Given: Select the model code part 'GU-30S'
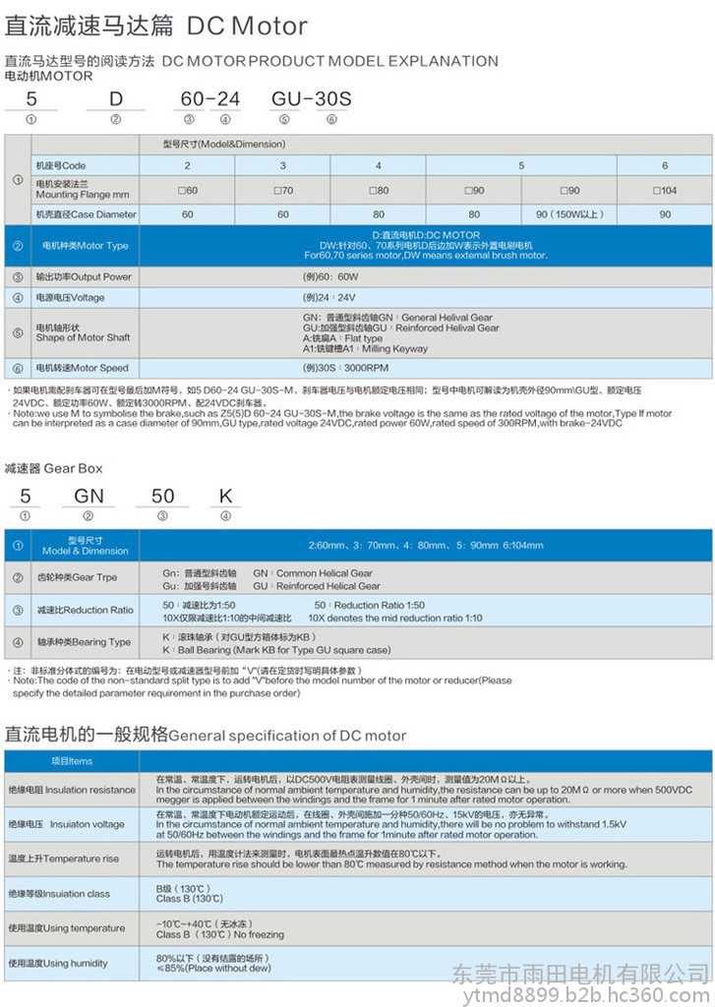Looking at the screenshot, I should pyautogui.click(x=311, y=100).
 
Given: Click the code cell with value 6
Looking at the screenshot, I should pyautogui.click(x=665, y=165).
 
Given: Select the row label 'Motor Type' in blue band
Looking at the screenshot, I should pyautogui.click(x=85, y=246).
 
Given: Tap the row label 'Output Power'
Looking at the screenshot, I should pyautogui.click(x=84, y=276).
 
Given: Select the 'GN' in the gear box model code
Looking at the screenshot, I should pyautogui.click(x=89, y=496).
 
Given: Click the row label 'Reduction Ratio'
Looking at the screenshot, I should pyautogui.click(x=85, y=610).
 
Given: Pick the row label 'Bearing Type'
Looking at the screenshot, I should pyautogui.click(x=84, y=642).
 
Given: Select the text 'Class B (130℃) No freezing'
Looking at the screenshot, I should pyautogui.click(x=219, y=935).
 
